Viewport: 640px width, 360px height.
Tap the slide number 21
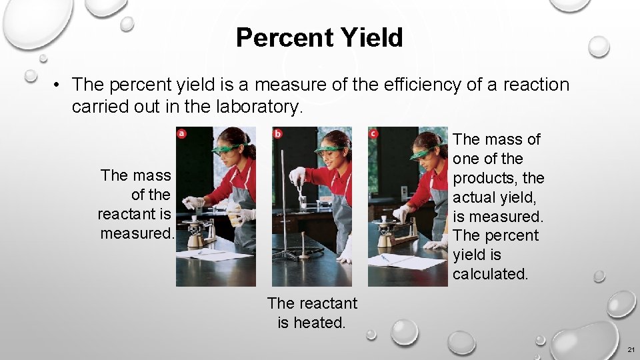tap(631, 350)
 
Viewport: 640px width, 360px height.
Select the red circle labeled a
tap(181, 133)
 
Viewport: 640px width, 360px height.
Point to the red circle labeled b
tap(277, 133)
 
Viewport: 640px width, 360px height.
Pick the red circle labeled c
tap(373, 133)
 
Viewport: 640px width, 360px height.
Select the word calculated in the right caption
tap(490, 274)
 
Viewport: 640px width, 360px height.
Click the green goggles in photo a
tap(227, 148)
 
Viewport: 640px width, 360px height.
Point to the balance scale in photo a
tap(201, 231)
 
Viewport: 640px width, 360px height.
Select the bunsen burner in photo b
tap(303, 250)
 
